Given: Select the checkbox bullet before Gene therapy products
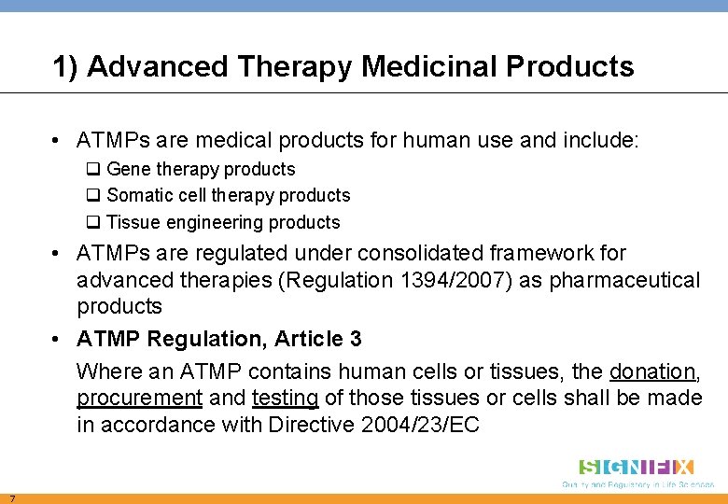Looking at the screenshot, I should [x=93, y=170].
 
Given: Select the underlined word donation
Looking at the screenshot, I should [x=651, y=371].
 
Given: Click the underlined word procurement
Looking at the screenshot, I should [x=139, y=399].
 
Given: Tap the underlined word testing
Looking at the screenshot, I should [x=285, y=399].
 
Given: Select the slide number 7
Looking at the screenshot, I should [x=10, y=497].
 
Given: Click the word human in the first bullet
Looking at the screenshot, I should [x=432, y=142].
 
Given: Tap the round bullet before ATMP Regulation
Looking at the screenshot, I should [x=58, y=339].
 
